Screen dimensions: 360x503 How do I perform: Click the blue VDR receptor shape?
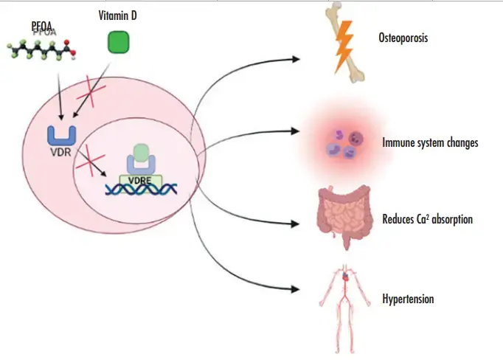(x=59, y=135)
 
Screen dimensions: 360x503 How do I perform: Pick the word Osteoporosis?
(x=403, y=37)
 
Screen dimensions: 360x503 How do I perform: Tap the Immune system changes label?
(x=430, y=142)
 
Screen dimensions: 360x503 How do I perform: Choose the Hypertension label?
(x=408, y=299)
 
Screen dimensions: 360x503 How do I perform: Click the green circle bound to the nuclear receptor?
(x=139, y=152)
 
